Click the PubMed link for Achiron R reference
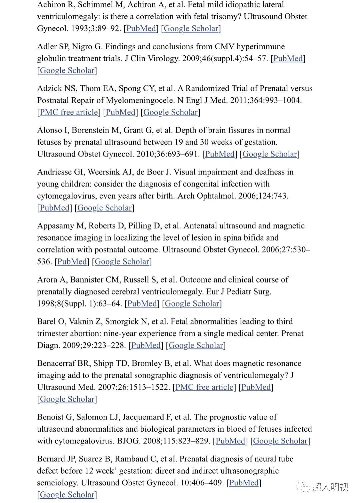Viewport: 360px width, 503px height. click(141, 29)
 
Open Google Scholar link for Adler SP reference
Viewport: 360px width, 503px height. click(67, 71)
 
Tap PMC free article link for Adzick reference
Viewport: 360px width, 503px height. click(69, 112)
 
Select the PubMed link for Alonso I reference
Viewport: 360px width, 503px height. click(220, 154)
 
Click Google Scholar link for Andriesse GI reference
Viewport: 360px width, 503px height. click(104, 208)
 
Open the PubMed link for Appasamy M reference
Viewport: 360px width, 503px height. click(72, 262)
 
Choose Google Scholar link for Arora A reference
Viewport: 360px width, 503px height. click(192, 304)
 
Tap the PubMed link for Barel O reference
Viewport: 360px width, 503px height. click(146, 345)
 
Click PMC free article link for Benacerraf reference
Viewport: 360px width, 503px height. click(204, 387)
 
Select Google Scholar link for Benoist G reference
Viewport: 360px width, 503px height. click(280, 441)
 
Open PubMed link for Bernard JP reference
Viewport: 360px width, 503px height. click(244, 483)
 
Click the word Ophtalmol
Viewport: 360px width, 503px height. click(218, 196)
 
